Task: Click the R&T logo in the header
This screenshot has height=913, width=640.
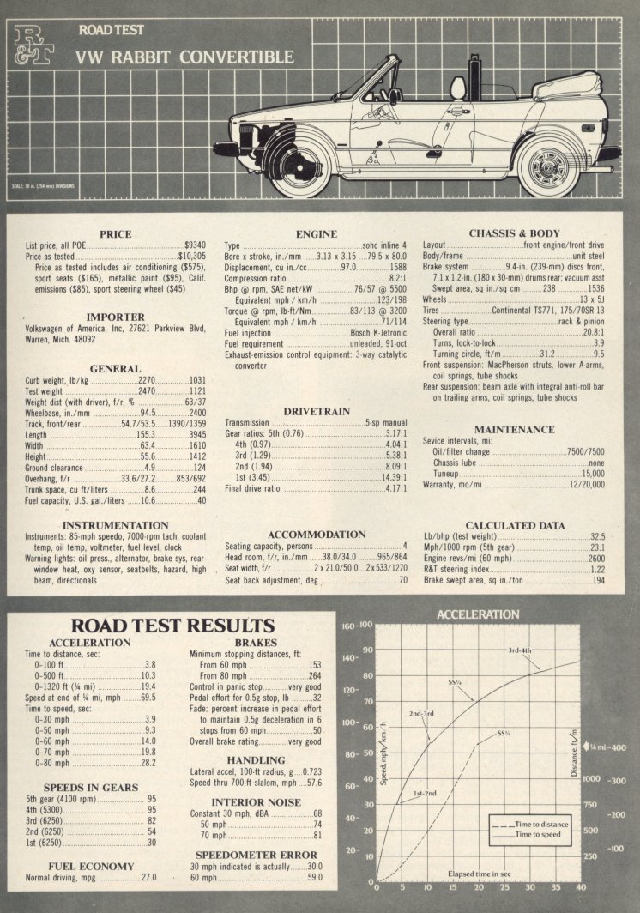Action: [x=35, y=45]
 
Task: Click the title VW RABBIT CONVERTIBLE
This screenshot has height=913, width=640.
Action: [x=184, y=57]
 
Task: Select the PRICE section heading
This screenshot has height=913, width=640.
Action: [x=115, y=233]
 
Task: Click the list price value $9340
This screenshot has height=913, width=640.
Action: [x=195, y=245]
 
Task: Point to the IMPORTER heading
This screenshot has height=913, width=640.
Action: [x=115, y=317]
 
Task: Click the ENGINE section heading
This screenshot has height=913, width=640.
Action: [x=316, y=233]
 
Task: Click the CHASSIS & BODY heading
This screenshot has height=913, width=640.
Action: [x=514, y=233]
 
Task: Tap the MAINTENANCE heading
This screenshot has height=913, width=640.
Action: [x=514, y=429]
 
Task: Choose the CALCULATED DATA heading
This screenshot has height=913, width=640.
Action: [x=514, y=525]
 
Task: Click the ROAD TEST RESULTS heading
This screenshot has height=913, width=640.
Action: [x=172, y=625]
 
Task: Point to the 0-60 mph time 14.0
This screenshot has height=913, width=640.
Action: [x=148, y=741]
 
